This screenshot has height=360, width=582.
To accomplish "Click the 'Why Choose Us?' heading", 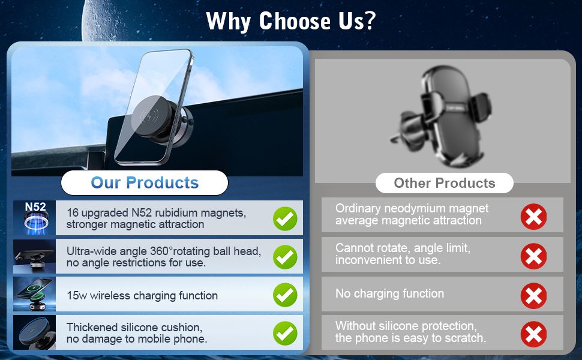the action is click(291, 21).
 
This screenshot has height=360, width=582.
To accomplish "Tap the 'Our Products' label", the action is click(145, 182).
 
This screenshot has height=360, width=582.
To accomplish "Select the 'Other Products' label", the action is click(444, 183).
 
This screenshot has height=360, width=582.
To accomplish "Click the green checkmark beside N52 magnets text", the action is click(285, 218).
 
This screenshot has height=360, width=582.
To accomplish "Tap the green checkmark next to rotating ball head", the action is click(285, 257).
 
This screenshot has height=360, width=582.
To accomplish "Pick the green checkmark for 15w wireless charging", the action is click(285, 295).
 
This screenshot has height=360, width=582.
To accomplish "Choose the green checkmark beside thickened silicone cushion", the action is click(285, 333).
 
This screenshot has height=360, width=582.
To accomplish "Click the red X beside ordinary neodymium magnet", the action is click(533, 217).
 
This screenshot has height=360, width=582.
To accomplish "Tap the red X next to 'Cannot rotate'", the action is click(533, 256).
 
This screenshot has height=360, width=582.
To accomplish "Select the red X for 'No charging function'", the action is click(533, 296).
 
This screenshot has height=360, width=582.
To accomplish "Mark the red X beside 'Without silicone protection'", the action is click(533, 334).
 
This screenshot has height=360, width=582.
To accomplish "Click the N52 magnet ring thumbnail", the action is click(35, 218).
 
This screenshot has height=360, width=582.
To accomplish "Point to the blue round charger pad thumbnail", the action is click(35, 332).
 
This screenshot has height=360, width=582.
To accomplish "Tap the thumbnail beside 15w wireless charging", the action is click(35, 294).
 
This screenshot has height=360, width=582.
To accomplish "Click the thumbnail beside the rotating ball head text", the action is click(35, 256).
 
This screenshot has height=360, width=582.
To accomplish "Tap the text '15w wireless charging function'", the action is click(142, 295).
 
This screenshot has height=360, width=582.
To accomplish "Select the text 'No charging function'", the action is click(390, 293).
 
